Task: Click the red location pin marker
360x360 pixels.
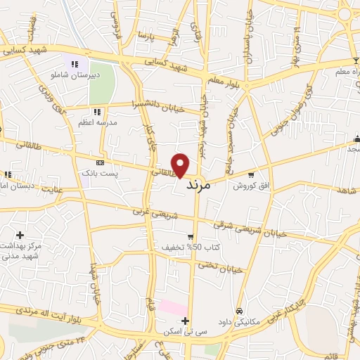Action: click(x=181, y=165)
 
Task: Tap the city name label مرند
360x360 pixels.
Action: click(x=199, y=188)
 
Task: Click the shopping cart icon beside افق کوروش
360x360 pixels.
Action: click(x=251, y=175)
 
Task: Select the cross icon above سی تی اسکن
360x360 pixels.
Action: click(x=185, y=321)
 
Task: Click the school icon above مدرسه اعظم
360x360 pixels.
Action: click(x=97, y=111)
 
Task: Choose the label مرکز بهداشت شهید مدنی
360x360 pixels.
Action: click(x=21, y=250)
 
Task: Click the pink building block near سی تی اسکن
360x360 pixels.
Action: click(x=172, y=308)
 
